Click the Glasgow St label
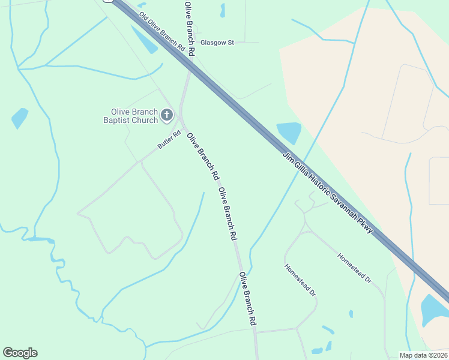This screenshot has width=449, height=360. point(217,43)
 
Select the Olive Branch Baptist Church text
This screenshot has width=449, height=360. point(130,116)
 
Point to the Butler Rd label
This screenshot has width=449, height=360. point(169,140)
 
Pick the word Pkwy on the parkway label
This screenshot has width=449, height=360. point(367,228)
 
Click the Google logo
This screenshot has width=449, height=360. point(20,353)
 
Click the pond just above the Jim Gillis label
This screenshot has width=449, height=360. point(288,133)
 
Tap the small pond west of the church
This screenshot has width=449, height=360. point(20,118)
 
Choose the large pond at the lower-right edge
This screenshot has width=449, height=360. point(434,309)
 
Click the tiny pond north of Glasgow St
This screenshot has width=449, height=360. point(222,10)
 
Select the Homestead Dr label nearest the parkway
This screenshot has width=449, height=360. point(354,267)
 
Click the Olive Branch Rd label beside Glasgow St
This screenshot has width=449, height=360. point(190,28)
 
